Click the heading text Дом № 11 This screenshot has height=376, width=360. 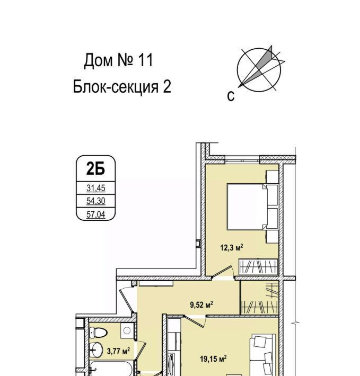point(118,60)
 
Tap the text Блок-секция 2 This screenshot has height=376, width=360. point(122,86)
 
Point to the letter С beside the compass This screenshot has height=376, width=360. point(231,96)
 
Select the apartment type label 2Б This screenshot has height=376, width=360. point(95,169)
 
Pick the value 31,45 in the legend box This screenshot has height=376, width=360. point(96,188)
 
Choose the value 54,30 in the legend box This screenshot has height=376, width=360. point(96,201)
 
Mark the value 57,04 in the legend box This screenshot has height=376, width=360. point(96,214)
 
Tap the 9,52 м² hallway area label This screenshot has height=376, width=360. point(201,305)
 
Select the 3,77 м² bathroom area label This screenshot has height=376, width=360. point(119,352)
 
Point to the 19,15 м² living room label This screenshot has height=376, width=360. point(214,359)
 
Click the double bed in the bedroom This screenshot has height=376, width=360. point(252,207)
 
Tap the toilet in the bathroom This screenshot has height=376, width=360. point(98,333)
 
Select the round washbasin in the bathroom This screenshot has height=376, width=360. point(96,350)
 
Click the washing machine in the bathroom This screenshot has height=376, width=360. point(127,330)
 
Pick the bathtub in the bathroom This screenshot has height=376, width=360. point(111,369)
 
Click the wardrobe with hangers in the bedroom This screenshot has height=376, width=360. point(258,267)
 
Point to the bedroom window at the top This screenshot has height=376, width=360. point(242,159)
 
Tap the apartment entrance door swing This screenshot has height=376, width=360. point(126,300)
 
